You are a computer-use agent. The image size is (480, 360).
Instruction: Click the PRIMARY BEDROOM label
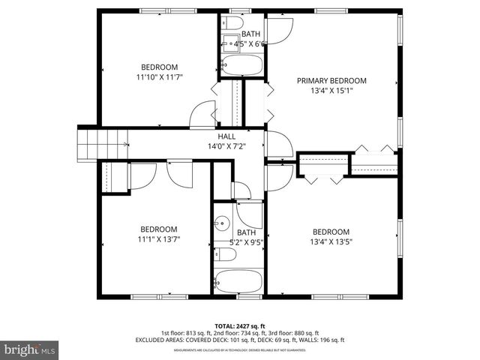point(331,81)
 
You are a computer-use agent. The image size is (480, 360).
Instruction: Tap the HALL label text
point(226,136)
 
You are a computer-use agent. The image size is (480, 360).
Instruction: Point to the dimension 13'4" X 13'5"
point(331,241)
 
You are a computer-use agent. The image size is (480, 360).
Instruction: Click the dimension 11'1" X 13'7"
point(159,240)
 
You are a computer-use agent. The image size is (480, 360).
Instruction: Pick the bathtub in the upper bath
point(241,66)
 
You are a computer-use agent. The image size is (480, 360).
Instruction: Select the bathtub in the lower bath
point(238,283)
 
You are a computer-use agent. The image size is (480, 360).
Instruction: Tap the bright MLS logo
point(30,349)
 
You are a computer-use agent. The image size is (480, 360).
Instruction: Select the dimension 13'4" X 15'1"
point(331,91)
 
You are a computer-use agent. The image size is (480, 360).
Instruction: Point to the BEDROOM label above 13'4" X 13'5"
point(331,231)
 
